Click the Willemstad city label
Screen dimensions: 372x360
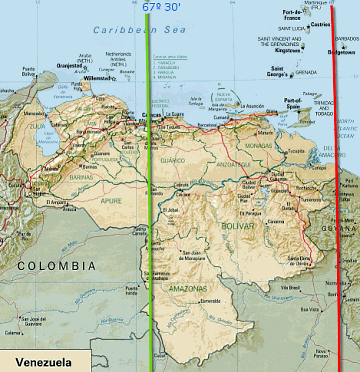pos(102,76)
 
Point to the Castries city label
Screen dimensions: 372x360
pos(320,22)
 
